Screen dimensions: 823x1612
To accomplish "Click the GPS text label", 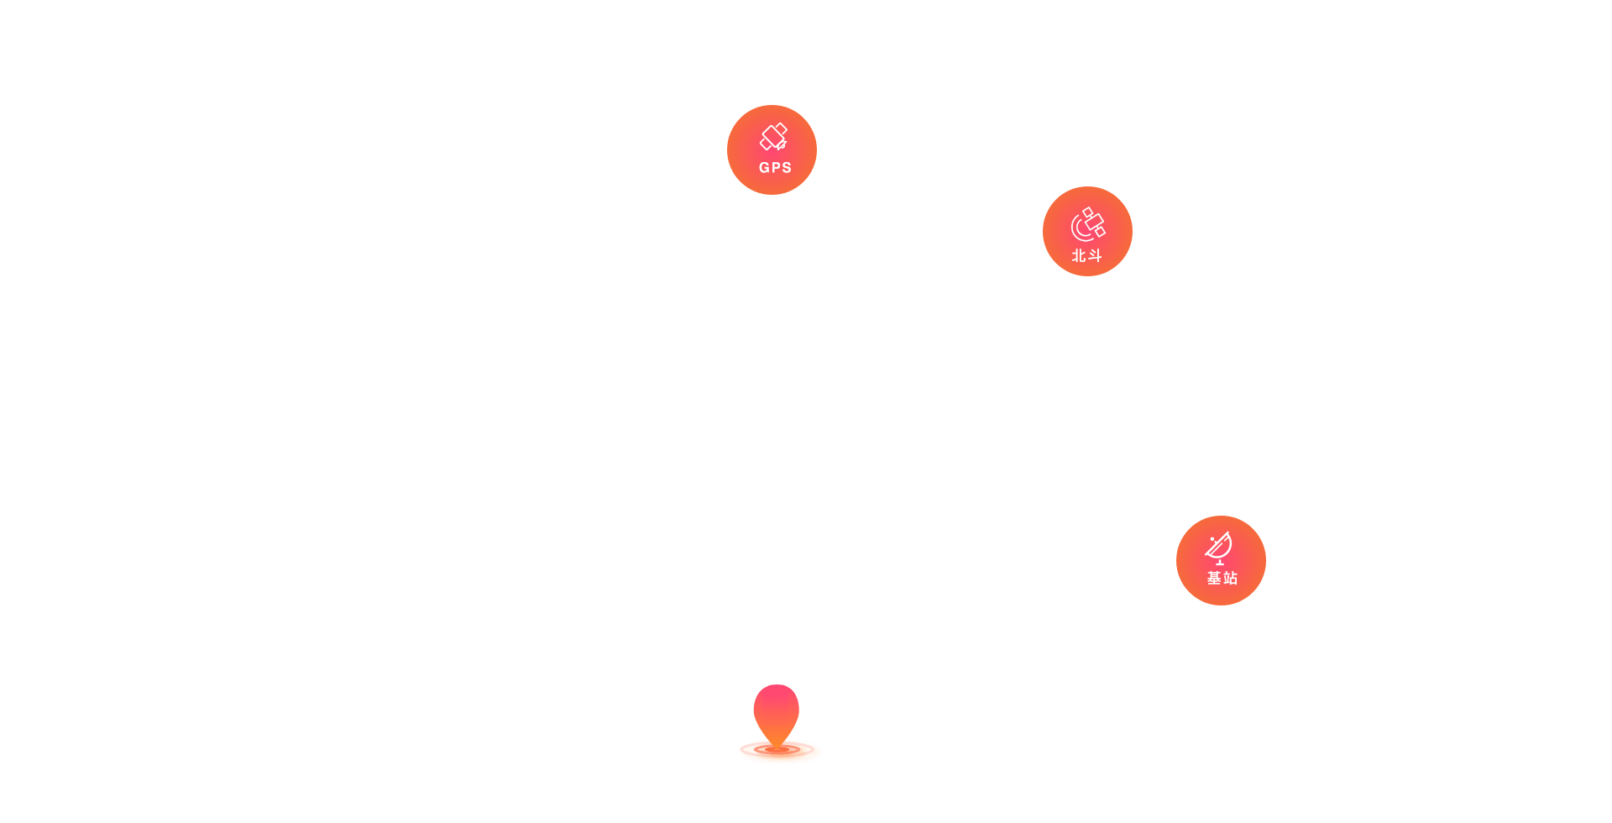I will coord(775,167).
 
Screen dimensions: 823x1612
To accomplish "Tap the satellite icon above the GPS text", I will coord(773,137).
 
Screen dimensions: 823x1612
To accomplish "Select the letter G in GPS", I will coord(764,167).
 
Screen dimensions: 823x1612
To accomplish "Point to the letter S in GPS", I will coord(787,167).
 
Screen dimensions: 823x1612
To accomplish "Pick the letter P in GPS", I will coord(776,167).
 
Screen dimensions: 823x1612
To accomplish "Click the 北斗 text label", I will coord(1086,255).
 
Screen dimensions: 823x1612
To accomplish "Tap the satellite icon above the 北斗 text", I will coord(1088,224).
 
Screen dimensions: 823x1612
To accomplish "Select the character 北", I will coord(1079,255).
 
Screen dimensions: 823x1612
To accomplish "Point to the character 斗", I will coord(1094,255).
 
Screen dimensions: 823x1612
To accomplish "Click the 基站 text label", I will coord(1222,578).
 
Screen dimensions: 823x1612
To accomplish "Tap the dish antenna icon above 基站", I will coord(1219,548).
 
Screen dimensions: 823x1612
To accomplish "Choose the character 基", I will coord(1214,578).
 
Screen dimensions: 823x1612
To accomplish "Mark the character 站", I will coord(1230,578).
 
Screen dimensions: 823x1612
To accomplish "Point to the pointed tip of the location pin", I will coord(777,747).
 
